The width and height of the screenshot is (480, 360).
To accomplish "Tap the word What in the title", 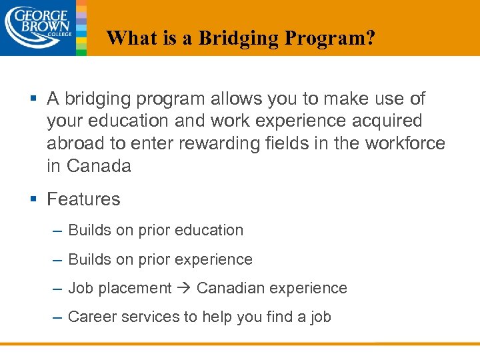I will pyautogui.click(x=129, y=38).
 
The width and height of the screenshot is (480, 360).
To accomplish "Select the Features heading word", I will pyautogui.click(x=83, y=199).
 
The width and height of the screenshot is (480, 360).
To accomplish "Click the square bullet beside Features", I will pyautogui.click(x=34, y=199).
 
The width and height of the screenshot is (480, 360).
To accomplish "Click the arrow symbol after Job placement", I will pyautogui.click(x=184, y=289).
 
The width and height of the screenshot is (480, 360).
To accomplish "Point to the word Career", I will pyautogui.click(x=89, y=317).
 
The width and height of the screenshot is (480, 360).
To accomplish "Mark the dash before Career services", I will pyautogui.click(x=57, y=317).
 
